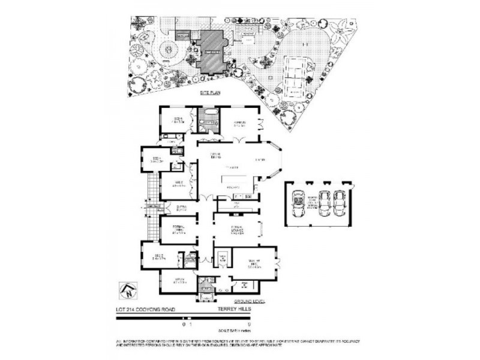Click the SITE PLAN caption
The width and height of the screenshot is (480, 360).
pyautogui.click(x=211, y=94)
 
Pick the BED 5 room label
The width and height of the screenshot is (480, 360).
pyautogui.click(x=179, y=120)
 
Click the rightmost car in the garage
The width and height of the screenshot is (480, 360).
pyautogui.click(x=340, y=203)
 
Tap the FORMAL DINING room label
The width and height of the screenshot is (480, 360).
pyautogui.click(x=178, y=229)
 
